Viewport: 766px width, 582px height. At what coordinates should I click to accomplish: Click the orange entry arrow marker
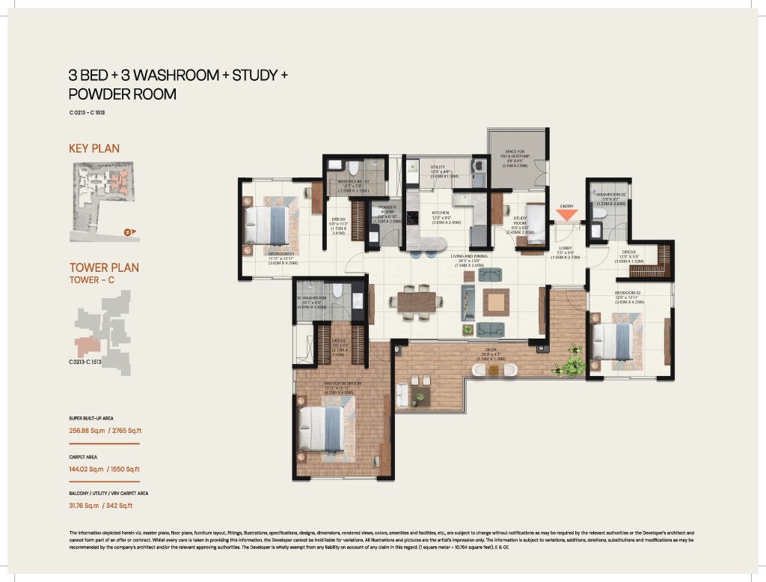click(x=566, y=214)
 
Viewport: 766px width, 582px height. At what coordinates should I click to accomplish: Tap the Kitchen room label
click(x=440, y=213)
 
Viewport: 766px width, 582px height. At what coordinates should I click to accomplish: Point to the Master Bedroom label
click(x=343, y=383)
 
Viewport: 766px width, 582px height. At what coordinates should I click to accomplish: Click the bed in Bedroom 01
click(x=268, y=225)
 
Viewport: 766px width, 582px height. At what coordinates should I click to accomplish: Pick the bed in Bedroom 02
click(x=614, y=342)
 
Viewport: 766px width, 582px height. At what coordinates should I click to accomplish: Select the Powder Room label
click(x=387, y=209)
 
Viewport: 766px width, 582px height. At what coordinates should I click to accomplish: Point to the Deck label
click(x=491, y=348)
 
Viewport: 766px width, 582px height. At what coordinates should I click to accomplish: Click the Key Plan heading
click(x=94, y=148)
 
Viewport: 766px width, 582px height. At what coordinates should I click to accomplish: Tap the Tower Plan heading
click(x=104, y=267)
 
